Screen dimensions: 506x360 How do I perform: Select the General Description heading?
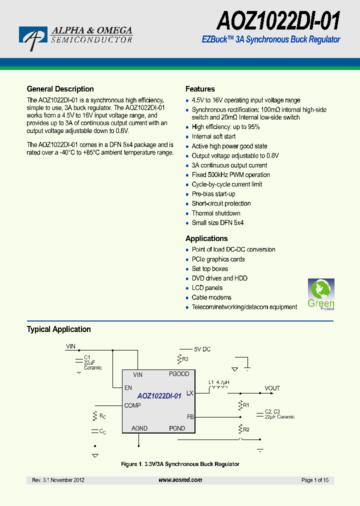(x=60, y=89)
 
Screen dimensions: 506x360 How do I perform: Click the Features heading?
(x=200, y=89)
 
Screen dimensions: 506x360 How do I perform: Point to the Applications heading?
(x=206, y=238)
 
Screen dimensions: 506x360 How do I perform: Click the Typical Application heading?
(x=58, y=329)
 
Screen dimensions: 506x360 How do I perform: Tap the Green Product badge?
(x=320, y=294)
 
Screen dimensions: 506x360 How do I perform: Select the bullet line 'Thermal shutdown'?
(x=216, y=213)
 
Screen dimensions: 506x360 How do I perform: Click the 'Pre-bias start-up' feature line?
(x=213, y=194)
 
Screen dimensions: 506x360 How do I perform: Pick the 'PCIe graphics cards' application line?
(x=218, y=259)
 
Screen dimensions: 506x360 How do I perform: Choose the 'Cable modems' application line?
(x=211, y=297)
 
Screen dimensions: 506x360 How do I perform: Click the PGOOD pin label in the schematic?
(x=179, y=374)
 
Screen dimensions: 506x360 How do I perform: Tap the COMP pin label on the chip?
(x=132, y=405)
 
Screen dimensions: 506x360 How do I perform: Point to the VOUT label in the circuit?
(x=272, y=388)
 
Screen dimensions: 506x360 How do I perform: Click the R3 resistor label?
(x=185, y=359)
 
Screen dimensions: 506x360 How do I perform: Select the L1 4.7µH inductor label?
(x=218, y=382)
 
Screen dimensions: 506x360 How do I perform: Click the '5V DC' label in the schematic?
(x=202, y=349)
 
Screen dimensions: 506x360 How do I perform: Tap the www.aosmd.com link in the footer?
(x=180, y=480)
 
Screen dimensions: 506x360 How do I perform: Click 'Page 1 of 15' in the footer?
(x=315, y=480)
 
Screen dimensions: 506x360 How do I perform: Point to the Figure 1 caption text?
(x=180, y=464)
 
